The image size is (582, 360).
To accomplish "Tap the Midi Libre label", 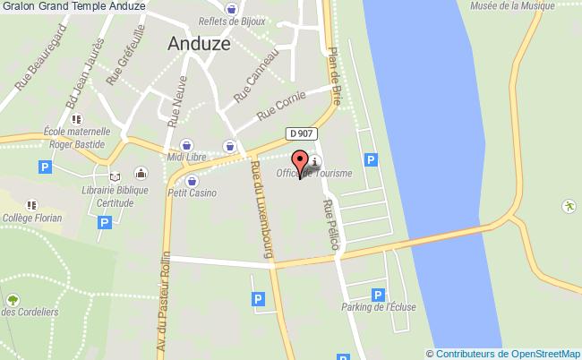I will (186, 158).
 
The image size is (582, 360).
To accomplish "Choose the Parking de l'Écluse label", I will (377, 308).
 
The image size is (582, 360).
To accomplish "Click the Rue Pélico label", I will (331, 226).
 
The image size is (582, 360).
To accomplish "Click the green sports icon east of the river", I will (568, 206).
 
